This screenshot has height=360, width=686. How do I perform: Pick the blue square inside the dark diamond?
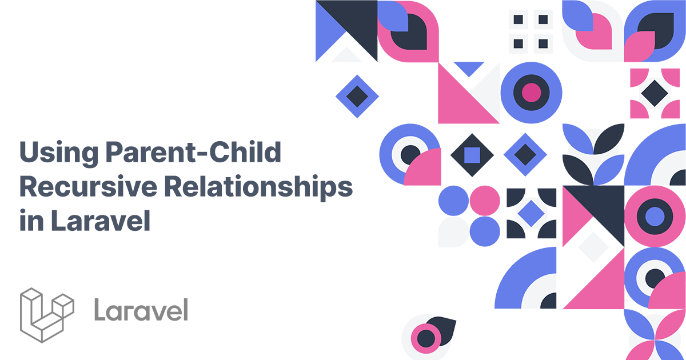click(x=472, y=154)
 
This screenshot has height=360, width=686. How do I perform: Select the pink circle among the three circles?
click(x=485, y=201)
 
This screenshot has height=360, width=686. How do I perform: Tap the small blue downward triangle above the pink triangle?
click(x=469, y=69)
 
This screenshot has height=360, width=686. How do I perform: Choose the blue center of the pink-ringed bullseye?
click(x=655, y=217)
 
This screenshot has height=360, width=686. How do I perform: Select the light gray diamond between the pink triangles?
click(x=593, y=247)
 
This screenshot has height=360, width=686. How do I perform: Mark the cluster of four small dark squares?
click(x=531, y=31)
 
